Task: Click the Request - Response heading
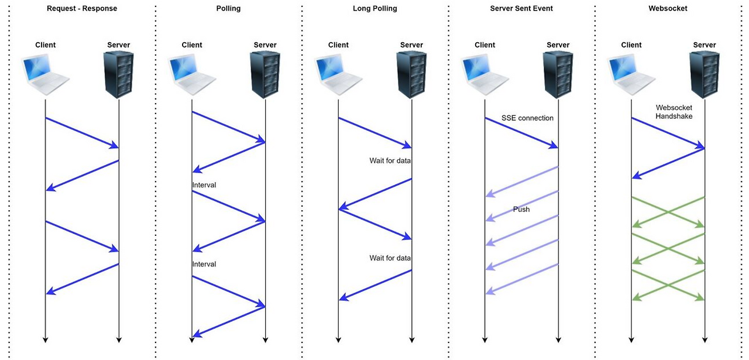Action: pyautogui.click(x=81, y=9)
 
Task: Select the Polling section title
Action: pyautogui.click(x=228, y=9)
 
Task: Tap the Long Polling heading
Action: pyautogui.click(x=374, y=9)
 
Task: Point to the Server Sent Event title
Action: pyautogui.click(x=521, y=9)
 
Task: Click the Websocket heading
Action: pyautogui.click(x=668, y=9)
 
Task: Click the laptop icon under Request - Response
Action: pyautogui.click(x=45, y=75)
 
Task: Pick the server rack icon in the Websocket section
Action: pyautogui.click(x=705, y=74)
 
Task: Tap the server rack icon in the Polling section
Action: pyautogui.click(x=265, y=74)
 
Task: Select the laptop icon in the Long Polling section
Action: pyautogui.click(x=338, y=75)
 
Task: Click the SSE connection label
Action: pyautogui.click(x=527, y=118)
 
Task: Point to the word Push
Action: pyautogui.click(x=521, y=209)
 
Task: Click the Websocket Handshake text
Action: pyautogui.click(x=674, y=112)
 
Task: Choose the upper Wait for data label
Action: pyautogui.click(x=390, y=160)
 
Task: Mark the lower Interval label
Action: pyautogui.click(x=204, y=265)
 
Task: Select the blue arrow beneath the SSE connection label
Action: pyautogui.click(x=521, y=133)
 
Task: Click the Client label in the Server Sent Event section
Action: pyautogui.click(x=485, y=45)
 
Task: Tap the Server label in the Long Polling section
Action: pyautogui.click(x=411, y=45)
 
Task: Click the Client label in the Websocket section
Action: pyautogui.click(x=631, y=45)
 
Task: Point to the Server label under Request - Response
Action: pyautogui.click(x=119, y=45)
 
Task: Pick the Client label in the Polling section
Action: pyautogui.click(x=192, y=45)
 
